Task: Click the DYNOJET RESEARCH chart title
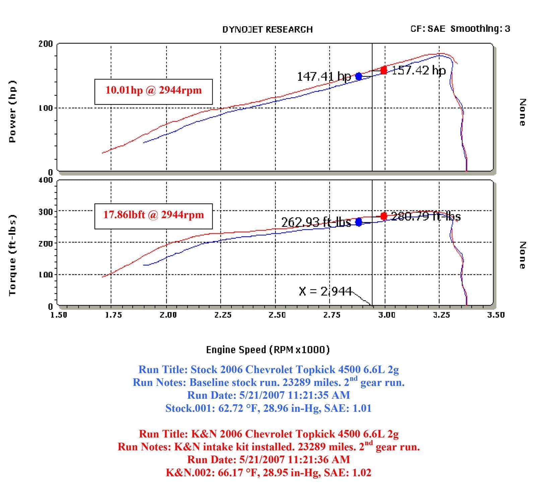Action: pyautogui.click(x=267, y=29)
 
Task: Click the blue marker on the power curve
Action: pyautogui.click(x=359, y=76)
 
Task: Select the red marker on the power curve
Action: pyautogui.click(x=384, y=70)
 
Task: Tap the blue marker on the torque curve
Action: pyautogui.click(x=359, y=222)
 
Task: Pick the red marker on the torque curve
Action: pyautogui.click(x=384, y=216)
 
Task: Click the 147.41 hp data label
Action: pyautogui.click(x=324, y=77)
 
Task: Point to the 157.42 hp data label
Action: pyautogui.click(x=419, y=70)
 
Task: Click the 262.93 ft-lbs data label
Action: pyautogui.click(x=316, y=222)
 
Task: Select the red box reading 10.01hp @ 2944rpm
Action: pyautogui.click(x=153, y=91)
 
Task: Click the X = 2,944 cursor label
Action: pyautogui.click(x=325, y=291)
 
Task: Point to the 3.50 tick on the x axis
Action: pyautogui.click(x=496, y=315)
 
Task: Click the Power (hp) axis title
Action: pyautogui.click(x=12, y=111)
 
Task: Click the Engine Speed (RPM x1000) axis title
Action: pyautogui.click(x=268, y=350)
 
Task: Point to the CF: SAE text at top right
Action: pyautogui.click(x=428, y=29)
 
